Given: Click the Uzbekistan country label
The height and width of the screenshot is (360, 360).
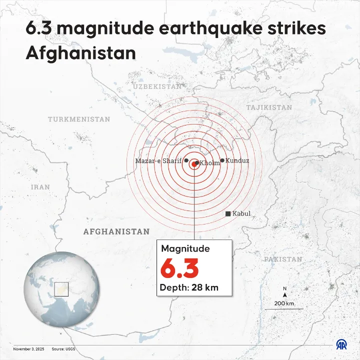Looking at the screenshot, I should point(157,86).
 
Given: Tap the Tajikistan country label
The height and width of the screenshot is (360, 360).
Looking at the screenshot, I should point(269,107).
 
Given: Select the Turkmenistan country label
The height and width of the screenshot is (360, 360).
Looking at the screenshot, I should point(79,119).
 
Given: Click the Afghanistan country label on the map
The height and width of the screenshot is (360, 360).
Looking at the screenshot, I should point(116,231).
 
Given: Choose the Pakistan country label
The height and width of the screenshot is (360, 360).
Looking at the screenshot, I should point(283,259).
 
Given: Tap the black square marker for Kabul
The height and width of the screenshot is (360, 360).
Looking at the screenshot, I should point(228,214).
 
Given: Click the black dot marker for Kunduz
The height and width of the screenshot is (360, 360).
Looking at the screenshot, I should point(222,160).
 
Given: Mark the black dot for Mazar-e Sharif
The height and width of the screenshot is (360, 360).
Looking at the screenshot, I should point(186,160).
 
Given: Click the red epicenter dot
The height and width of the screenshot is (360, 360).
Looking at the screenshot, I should point(194,163).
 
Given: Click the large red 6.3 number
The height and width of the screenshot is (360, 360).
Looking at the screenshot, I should point(179,268).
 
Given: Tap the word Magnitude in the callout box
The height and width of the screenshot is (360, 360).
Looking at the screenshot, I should point(185,248).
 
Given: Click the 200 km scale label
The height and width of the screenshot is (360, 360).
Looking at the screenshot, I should point(284,303).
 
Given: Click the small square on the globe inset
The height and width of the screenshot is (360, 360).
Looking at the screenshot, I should point(61,289).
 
